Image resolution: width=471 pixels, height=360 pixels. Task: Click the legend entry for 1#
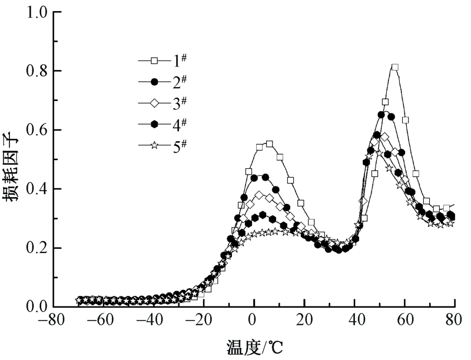coord(165,60)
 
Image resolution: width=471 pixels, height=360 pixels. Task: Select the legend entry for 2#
coord(165,81)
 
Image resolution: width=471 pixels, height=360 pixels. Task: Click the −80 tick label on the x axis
coord(52,322)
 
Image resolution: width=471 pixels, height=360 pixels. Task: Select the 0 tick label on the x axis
coord(254,322)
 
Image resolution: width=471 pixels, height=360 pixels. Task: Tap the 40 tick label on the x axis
coord(355,322)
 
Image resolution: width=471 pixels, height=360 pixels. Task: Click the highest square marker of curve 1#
coord(395,68)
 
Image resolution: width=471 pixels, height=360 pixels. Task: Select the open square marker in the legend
coord(154,60)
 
